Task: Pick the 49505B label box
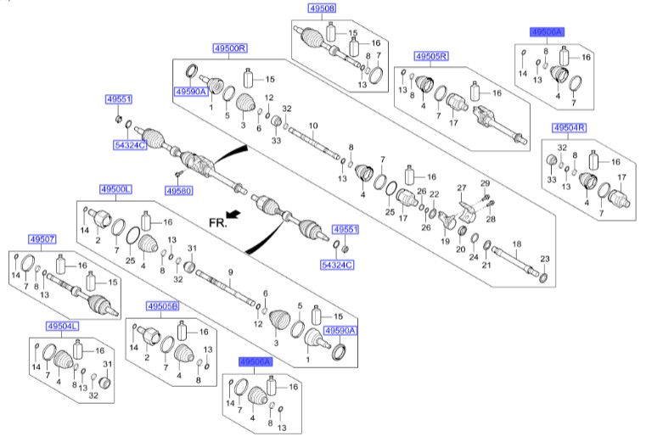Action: point(162,306)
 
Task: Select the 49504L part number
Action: point(63,326)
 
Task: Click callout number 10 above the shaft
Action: point(313,125)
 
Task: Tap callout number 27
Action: point(463,187)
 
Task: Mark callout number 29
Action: point(486,183)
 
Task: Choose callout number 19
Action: point(445,241)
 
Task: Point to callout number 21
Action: point(486,266)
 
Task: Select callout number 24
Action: point(474,255)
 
